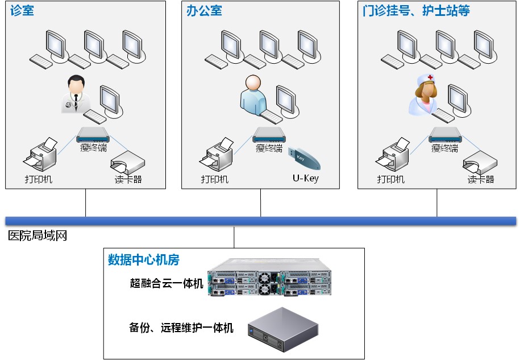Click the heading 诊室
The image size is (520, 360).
coord(22,11)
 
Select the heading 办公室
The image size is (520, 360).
coord(204,11)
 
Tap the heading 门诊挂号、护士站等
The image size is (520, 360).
coord(416,11)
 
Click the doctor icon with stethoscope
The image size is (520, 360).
coord(76,93)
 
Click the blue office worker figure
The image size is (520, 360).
coord(252,94)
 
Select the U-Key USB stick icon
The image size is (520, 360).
coord(305,159)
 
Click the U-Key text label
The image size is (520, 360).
coord(306,179)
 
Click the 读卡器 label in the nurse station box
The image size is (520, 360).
coord(481,179)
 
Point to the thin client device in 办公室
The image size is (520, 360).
coord(269,134)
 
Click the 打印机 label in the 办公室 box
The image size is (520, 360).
coord(215,179)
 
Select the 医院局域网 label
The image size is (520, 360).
coord(38,235)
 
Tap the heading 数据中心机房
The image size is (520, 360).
coord(144,260)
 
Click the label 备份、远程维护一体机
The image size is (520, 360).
coord(181,328)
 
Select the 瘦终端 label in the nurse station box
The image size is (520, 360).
coord(444,148)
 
